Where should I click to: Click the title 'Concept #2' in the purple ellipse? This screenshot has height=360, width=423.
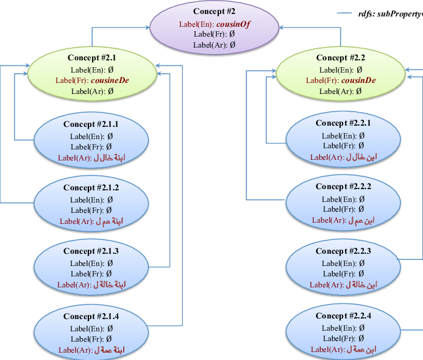point(214,12)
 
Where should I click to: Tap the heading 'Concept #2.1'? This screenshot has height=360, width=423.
point(88,57)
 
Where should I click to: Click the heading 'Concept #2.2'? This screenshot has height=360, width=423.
point(340,58)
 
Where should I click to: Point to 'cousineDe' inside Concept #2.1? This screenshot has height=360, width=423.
point(110,80)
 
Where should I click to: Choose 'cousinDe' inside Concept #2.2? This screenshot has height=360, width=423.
point(358,81)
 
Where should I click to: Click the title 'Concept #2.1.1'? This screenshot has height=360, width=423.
point(91,124)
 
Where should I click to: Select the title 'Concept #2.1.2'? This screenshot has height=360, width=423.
point(91,188)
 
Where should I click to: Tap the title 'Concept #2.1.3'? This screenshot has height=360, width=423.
point(91,251)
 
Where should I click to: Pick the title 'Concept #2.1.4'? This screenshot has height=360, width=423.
point(91,317)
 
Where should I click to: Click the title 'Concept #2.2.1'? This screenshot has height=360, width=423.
point(343,123)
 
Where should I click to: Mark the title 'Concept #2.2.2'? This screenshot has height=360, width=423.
point(343,187)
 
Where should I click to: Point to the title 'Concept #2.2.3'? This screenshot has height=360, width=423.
point(343,251)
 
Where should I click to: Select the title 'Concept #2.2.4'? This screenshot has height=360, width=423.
point(343,316)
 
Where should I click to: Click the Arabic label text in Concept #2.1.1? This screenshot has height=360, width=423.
point(107,158)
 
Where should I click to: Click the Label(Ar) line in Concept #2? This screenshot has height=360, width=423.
point(214,45)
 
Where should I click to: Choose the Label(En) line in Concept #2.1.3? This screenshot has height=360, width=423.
point(91,263)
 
